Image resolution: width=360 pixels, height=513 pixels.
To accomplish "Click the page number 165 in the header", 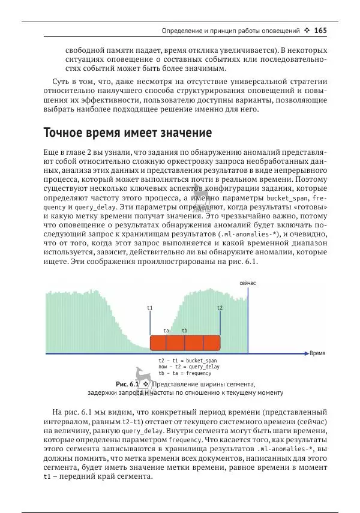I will (x=320, y=30).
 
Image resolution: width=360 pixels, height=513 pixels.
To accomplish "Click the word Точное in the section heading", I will (x=68, y=132).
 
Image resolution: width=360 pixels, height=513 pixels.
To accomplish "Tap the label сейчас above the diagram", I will (x=248, y=283).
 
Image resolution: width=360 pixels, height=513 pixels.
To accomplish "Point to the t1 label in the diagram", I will (x=150, y=308).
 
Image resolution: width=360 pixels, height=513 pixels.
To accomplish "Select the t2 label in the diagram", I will (x=220, y=308).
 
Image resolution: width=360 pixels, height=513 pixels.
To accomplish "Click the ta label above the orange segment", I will (x=166, y=331).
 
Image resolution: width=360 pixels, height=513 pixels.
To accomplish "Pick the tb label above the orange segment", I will (x=185, y=331).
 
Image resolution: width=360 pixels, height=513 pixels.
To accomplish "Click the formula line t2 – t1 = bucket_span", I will (x=184, y=361).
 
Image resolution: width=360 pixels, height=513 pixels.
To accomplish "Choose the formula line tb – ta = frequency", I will (x=185, y=373).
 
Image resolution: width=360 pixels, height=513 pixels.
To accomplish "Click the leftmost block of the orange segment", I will (x=158, y=343).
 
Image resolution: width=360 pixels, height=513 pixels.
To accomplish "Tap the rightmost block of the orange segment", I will (x=212, y=343).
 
